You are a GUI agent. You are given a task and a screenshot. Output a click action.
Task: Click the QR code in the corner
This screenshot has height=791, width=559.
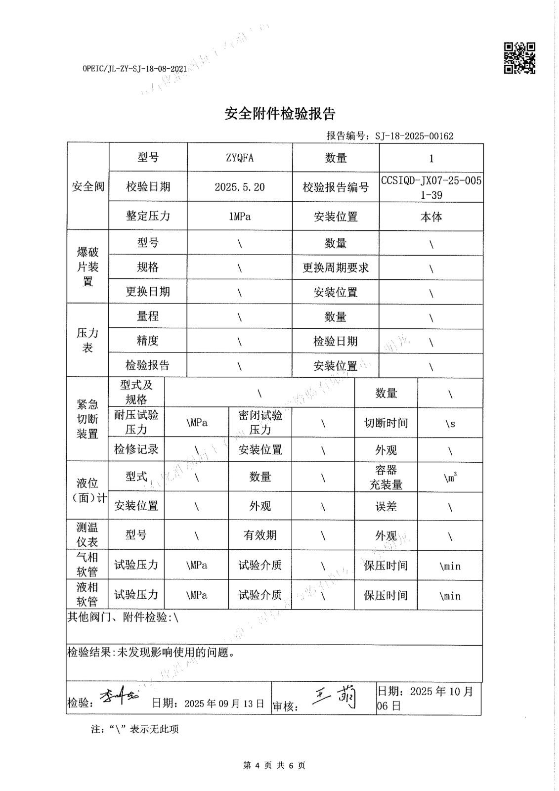[x=519, y=58]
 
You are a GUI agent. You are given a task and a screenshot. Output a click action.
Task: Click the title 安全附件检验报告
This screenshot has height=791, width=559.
[x=280, y=114]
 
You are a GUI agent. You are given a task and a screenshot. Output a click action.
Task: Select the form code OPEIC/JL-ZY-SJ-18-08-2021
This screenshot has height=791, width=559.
[x=134, y=69]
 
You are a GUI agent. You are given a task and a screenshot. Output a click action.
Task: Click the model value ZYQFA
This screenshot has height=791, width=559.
[x=240, y=158]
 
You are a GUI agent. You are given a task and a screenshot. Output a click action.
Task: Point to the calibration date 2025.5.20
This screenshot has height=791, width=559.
[x=240, y=187]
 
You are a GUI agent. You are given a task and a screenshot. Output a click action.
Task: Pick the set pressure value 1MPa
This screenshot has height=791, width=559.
[x=240, y=217]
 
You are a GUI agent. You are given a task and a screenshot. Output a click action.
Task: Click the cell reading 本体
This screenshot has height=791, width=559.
[x=431, y=217]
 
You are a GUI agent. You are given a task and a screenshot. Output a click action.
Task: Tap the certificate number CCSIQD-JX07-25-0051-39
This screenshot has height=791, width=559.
[x=431, y=187]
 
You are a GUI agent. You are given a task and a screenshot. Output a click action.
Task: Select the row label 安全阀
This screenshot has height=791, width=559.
[x=88, y=186]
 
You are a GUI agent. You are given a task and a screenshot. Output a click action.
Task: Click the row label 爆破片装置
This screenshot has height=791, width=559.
[x=87, y=266]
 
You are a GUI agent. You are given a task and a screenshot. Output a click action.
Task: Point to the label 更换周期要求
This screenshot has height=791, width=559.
[x=336, y=268]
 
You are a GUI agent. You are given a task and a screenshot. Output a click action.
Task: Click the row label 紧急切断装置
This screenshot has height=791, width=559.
[x=87, y=419]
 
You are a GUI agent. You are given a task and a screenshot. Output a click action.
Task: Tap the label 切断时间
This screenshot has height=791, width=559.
[x=386, y=423]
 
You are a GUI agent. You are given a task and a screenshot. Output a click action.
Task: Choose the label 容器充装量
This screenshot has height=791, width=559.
[x=386, y=477]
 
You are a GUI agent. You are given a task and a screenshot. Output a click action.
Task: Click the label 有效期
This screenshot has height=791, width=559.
[x=260, y=535]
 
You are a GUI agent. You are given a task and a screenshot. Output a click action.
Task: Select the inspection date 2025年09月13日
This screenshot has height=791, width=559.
[x=224, y=703]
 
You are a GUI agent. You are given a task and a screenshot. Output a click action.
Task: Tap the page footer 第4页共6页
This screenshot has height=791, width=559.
[x=275, y=765]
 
